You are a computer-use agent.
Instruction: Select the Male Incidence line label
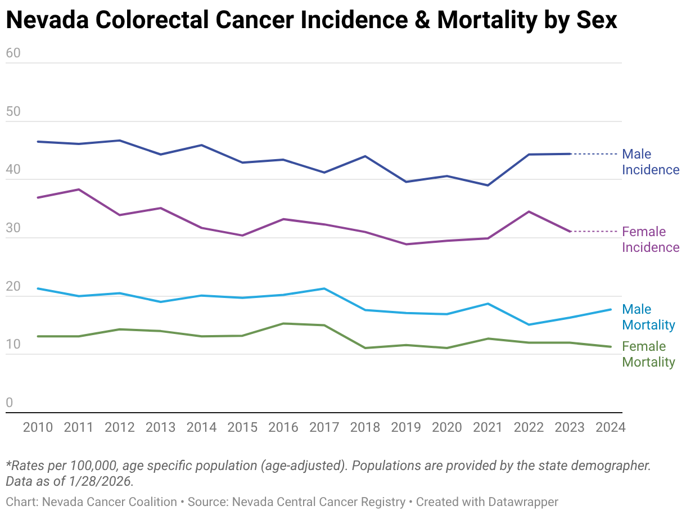point(651,162)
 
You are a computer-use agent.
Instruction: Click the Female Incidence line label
point(651,240)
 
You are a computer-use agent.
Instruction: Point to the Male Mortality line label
point(648,317)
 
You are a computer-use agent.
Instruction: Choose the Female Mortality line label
point(648,354)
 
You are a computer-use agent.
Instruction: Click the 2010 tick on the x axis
point(38,427)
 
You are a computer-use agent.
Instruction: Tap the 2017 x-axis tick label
point(324,427)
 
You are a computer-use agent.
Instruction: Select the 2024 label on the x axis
point(610,427)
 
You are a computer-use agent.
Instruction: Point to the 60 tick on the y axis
point(13,53)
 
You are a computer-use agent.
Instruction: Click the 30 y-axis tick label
point(13,229)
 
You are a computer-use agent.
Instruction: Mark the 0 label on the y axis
point(9,403)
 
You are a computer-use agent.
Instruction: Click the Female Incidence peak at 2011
point(79,189)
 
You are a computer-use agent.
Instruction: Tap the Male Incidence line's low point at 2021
point(488,185)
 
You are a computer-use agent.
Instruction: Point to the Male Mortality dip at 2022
point(529,324)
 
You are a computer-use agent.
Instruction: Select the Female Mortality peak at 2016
point(283,323)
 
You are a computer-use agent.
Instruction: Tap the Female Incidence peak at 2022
point(529,211)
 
